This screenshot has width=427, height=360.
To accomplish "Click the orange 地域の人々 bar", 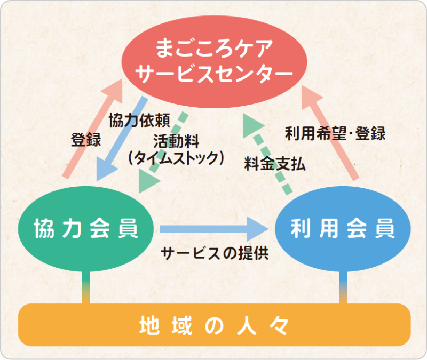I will click(x=213, y=325).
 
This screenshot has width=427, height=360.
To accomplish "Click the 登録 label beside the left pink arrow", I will click(x=86, y=140).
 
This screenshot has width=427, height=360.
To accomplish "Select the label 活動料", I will click(x=176, y=141).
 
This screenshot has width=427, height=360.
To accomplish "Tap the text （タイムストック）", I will click(x=176, y=158).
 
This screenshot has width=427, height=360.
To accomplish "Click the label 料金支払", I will click(x=275, y=163).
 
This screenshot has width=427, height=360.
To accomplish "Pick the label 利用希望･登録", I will click(x=335, y=133).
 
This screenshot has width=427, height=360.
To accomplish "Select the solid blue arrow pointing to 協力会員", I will click(x=122, y=139).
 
